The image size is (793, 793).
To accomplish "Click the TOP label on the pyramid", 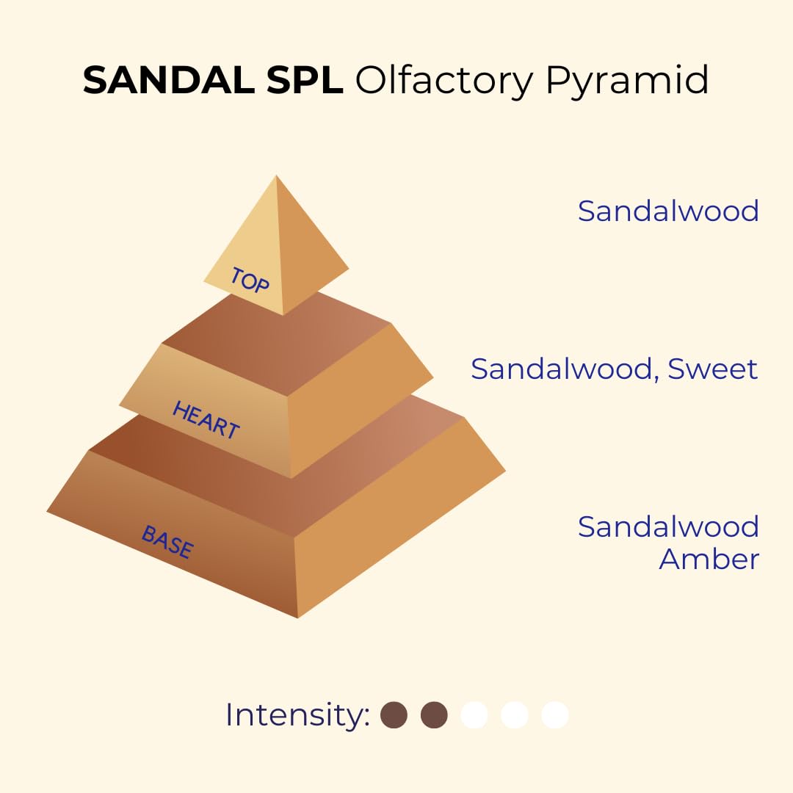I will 250,280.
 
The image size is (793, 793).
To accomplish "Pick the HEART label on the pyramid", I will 206,420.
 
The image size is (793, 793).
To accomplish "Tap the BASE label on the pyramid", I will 167,542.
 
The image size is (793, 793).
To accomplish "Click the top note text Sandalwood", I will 668,211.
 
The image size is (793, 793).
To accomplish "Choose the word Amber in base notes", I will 709,559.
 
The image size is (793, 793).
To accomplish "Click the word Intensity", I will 297,714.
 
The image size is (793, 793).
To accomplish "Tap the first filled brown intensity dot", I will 394,714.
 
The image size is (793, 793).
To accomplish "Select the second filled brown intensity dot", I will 434,714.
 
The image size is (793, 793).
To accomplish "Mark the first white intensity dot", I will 474,714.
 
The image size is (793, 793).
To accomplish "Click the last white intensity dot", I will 554,714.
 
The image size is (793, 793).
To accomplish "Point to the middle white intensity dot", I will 514,714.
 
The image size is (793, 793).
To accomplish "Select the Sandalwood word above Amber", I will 668,526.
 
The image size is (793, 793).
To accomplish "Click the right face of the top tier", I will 308,257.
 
